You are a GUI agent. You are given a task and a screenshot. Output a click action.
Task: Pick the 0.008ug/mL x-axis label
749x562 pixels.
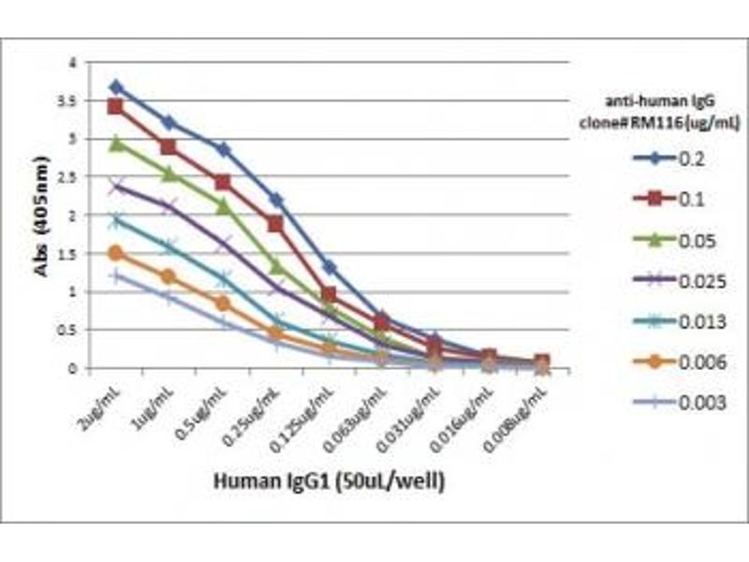[519, 412]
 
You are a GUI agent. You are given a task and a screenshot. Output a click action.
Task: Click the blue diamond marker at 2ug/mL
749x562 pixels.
[116, 87]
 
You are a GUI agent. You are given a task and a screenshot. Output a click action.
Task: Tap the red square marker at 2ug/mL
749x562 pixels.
[116, 106]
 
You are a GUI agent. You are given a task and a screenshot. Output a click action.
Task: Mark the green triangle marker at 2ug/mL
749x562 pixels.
[116, 143]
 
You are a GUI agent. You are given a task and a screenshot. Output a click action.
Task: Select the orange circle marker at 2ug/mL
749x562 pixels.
[116, 253]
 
